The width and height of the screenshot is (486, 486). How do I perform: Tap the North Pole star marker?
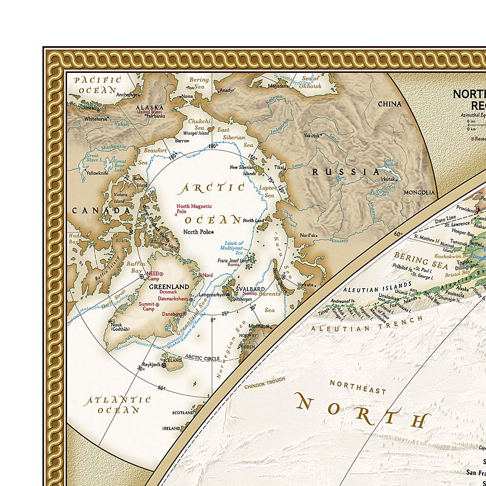(212, 232)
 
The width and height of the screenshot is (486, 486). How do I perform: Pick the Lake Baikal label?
(389, 163)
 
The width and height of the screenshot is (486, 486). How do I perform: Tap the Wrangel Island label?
(196, 133)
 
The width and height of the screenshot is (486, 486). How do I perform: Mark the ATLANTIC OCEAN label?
(117, 404)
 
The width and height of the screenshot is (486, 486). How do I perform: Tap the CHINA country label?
(390, 104)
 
